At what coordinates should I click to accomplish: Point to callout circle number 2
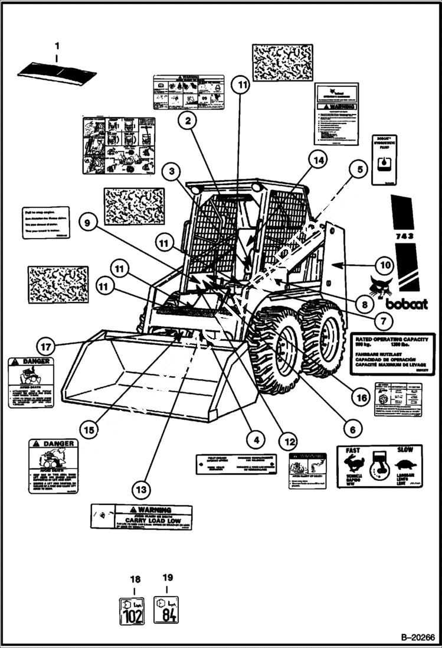187,122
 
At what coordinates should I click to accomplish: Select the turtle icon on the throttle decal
405,465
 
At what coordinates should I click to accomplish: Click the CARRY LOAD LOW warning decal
142,516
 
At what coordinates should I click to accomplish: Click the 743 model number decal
404,235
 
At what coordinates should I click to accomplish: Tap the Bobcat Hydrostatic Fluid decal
384,158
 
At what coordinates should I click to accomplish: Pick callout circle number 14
318,160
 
